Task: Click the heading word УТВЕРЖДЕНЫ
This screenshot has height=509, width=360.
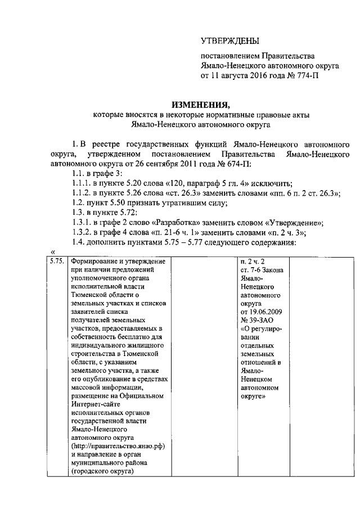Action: [231, 41]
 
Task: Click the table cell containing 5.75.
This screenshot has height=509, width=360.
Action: [57, 262]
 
